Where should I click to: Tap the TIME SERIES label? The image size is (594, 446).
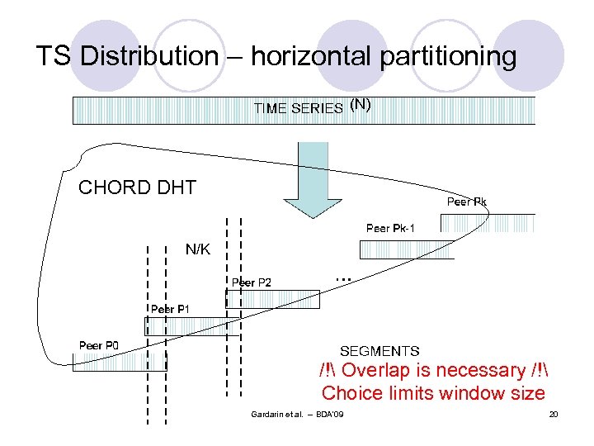pyautogui.click(x=298, y=107)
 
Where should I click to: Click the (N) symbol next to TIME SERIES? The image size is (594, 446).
pyautogui.click(x=361, y=105)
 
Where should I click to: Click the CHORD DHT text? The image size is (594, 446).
pyautogui.click(x=137, y=187)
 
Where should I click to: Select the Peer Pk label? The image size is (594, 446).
pyautogui.click(x=466, y=202)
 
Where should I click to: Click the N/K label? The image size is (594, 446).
pyautogui.click(x=197, y=249)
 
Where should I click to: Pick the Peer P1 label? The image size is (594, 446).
pyautogui.click(x=170, y=308)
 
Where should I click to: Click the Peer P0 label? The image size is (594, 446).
pyautogui.click(x=98, y=344)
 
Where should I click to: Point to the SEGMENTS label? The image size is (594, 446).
pyautogui.click(x=379, y=351)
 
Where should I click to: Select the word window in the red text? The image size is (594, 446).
pyautogui.click(x=480, y=393)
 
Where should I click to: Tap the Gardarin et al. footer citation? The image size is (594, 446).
pyautogui.click(x=297, y=414)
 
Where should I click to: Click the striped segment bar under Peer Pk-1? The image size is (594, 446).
pyautogui.click(x=407, y=250)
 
